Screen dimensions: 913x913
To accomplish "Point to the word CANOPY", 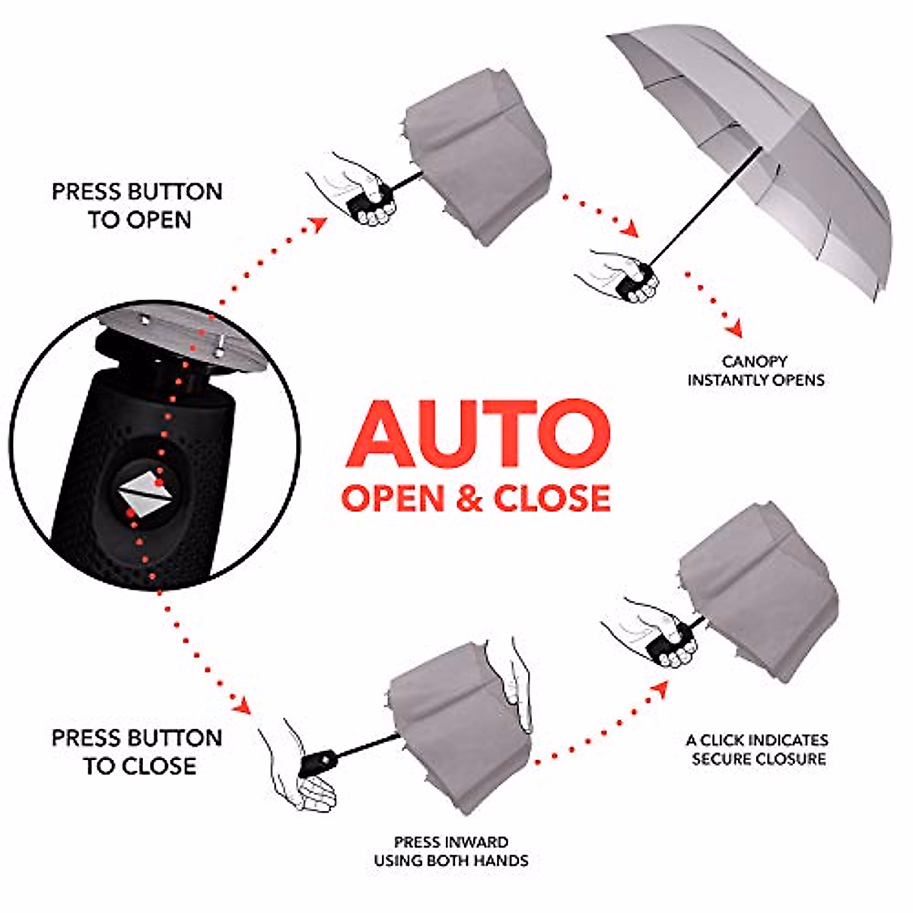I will coord(755,361).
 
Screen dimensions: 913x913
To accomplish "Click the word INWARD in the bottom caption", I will coord(478,842).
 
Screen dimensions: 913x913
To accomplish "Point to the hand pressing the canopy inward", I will coord(516,685).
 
